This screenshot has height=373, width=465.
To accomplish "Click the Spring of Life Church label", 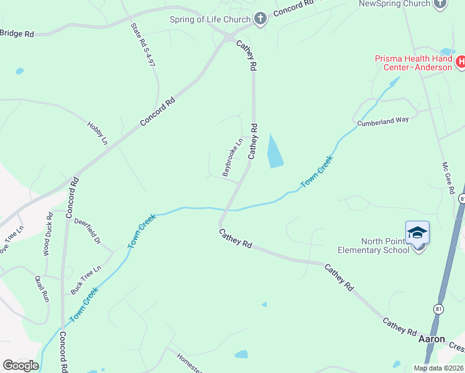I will [x=209, y=19].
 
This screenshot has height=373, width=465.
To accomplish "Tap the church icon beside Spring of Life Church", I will [x=260, y=19].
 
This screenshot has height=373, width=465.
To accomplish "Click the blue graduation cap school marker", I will [x=417, y=233].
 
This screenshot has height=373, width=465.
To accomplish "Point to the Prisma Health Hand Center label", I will [x=413, y=63].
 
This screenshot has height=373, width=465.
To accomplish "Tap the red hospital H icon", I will [x=461, y=62].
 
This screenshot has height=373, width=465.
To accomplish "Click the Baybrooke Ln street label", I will [x=232, y=157].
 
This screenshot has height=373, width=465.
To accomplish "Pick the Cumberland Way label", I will [x=383, y=121].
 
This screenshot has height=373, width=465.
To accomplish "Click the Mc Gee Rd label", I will [x=447, y=178].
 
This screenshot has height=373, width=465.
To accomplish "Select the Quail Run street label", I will [x=42, y=288].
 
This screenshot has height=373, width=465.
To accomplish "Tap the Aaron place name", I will [x=431, y=339].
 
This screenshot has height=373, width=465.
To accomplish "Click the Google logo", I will [x=20, y=366].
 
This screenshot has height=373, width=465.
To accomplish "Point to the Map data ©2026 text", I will [x=438, y=368].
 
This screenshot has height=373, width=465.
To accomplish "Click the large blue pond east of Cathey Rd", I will [x=274, y=151].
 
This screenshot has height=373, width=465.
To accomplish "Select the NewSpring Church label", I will [x=395, y=4].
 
